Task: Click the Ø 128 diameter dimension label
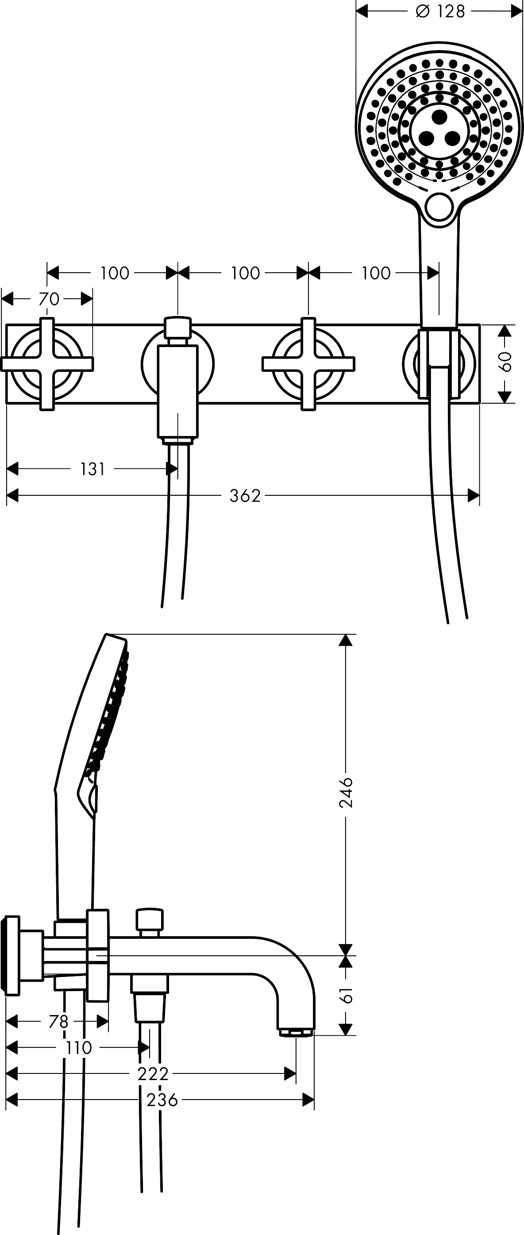pos(441,12)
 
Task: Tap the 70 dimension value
pos(48,299)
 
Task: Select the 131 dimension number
pos(92,469)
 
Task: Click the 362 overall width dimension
pos(245,495)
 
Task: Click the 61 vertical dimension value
pos(346,995)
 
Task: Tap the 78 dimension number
pos(58,1022)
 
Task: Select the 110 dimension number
pos(79,1048)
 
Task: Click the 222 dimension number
pos(153,1074)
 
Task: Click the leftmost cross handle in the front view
pos(47,364)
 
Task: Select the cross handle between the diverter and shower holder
pos(308,364)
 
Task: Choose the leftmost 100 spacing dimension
pos(115,273)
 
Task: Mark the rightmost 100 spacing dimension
pos(376,273)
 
